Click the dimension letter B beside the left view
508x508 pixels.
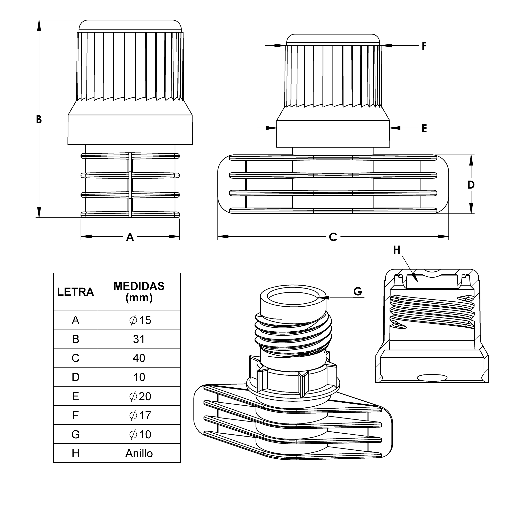[39, 119]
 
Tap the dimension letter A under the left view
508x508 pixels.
[130, 237]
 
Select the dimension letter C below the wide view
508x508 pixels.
[333, 237]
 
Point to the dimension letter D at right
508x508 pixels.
[471, 185]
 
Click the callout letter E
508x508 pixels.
[424, 129]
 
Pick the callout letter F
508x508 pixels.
[424, 46]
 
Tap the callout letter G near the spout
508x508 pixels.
[358, 291]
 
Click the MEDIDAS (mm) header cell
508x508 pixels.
[139, 292]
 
